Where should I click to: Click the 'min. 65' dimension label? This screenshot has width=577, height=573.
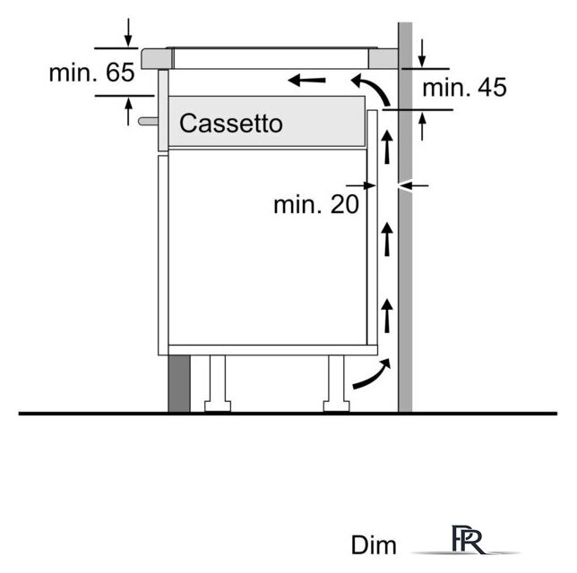click(92, 73)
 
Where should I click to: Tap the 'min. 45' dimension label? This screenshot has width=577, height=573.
click(464, 88)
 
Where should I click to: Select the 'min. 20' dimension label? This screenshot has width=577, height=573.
click(316, 204)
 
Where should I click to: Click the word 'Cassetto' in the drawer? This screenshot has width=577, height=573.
click(231, 124)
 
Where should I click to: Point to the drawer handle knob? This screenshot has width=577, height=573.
click(148, 121)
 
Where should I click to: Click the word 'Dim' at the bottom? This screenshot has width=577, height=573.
click(374, 545)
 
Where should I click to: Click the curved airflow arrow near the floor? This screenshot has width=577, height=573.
click(372, 373)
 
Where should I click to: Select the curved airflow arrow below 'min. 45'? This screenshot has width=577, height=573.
click(370, 89)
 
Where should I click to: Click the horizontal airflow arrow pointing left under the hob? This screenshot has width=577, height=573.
click(306, 80)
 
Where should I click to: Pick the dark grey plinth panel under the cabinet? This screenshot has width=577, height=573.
click(179, 383)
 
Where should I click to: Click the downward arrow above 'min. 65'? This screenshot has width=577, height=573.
click(128, 32)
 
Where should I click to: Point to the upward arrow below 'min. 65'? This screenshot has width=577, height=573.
click(128, 111)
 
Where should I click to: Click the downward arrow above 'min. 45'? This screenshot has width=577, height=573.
click(422, 53)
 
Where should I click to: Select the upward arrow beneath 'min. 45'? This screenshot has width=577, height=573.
click(422, 126)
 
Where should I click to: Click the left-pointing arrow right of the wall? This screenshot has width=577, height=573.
click(414, 185)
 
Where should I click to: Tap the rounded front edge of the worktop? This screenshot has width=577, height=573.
click(157, 58)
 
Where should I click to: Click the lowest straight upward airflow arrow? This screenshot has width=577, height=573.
click(387, 316)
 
